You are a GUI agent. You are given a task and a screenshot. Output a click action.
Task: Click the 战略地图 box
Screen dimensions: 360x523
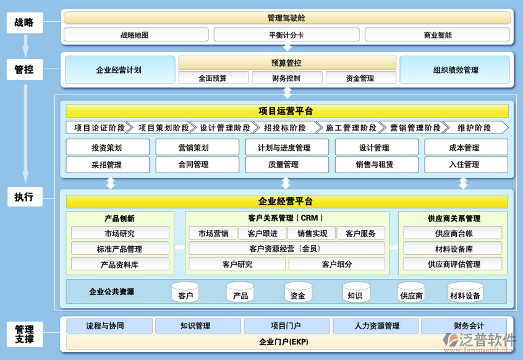134,35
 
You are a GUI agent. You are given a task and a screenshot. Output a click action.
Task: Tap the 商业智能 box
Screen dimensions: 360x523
437,35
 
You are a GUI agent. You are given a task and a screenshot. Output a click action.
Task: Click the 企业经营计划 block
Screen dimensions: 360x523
119,70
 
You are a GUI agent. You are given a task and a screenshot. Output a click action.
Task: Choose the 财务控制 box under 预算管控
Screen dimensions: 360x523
286,78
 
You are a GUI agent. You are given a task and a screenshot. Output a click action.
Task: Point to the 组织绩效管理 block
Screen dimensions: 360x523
455,70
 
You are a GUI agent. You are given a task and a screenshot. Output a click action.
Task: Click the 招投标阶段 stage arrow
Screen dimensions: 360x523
285,128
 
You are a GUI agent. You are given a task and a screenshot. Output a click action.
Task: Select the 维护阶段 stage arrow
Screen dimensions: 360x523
475,128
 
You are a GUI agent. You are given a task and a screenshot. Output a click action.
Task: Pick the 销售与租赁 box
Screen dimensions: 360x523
375,165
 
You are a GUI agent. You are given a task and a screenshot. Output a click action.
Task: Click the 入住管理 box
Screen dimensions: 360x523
466,165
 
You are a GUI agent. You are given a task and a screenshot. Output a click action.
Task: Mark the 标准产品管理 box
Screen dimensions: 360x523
120,249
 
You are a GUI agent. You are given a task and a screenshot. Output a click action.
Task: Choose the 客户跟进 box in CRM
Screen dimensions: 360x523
262,233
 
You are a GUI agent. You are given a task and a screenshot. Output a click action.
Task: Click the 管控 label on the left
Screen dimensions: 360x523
24,70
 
